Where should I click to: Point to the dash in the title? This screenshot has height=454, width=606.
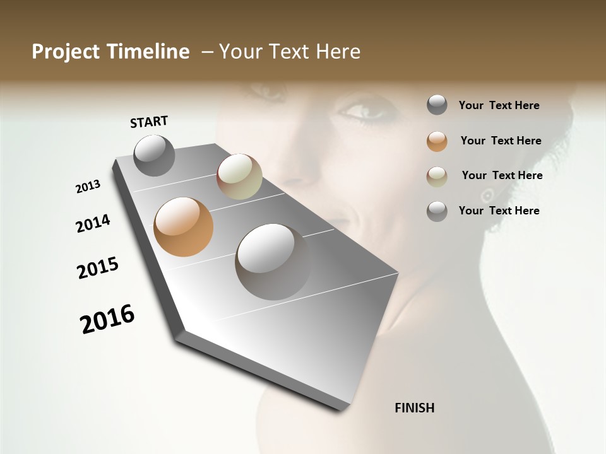[207, 52]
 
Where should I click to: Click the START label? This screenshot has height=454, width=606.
[149, 122]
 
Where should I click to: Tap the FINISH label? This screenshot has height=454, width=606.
[414, 408]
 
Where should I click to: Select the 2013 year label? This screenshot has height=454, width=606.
[88, 187]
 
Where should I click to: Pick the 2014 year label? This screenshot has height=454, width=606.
[93, 223]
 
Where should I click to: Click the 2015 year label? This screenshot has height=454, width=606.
[98, 268]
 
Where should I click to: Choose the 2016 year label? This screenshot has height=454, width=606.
[107, 318]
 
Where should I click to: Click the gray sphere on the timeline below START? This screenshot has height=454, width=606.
[154, 155]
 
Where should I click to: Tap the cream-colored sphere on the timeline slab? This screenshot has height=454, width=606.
[239, 177]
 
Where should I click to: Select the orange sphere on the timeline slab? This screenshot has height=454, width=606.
[183, 227]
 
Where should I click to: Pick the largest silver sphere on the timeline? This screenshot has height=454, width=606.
[273, 261]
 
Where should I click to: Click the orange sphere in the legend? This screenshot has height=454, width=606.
[437, 141]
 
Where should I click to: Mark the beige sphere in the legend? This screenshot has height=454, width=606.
[437, 177]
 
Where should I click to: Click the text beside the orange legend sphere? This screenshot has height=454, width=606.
[501, 141]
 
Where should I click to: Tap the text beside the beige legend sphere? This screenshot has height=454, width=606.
[502, 175]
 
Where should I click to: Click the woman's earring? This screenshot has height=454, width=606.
[487, 195]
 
